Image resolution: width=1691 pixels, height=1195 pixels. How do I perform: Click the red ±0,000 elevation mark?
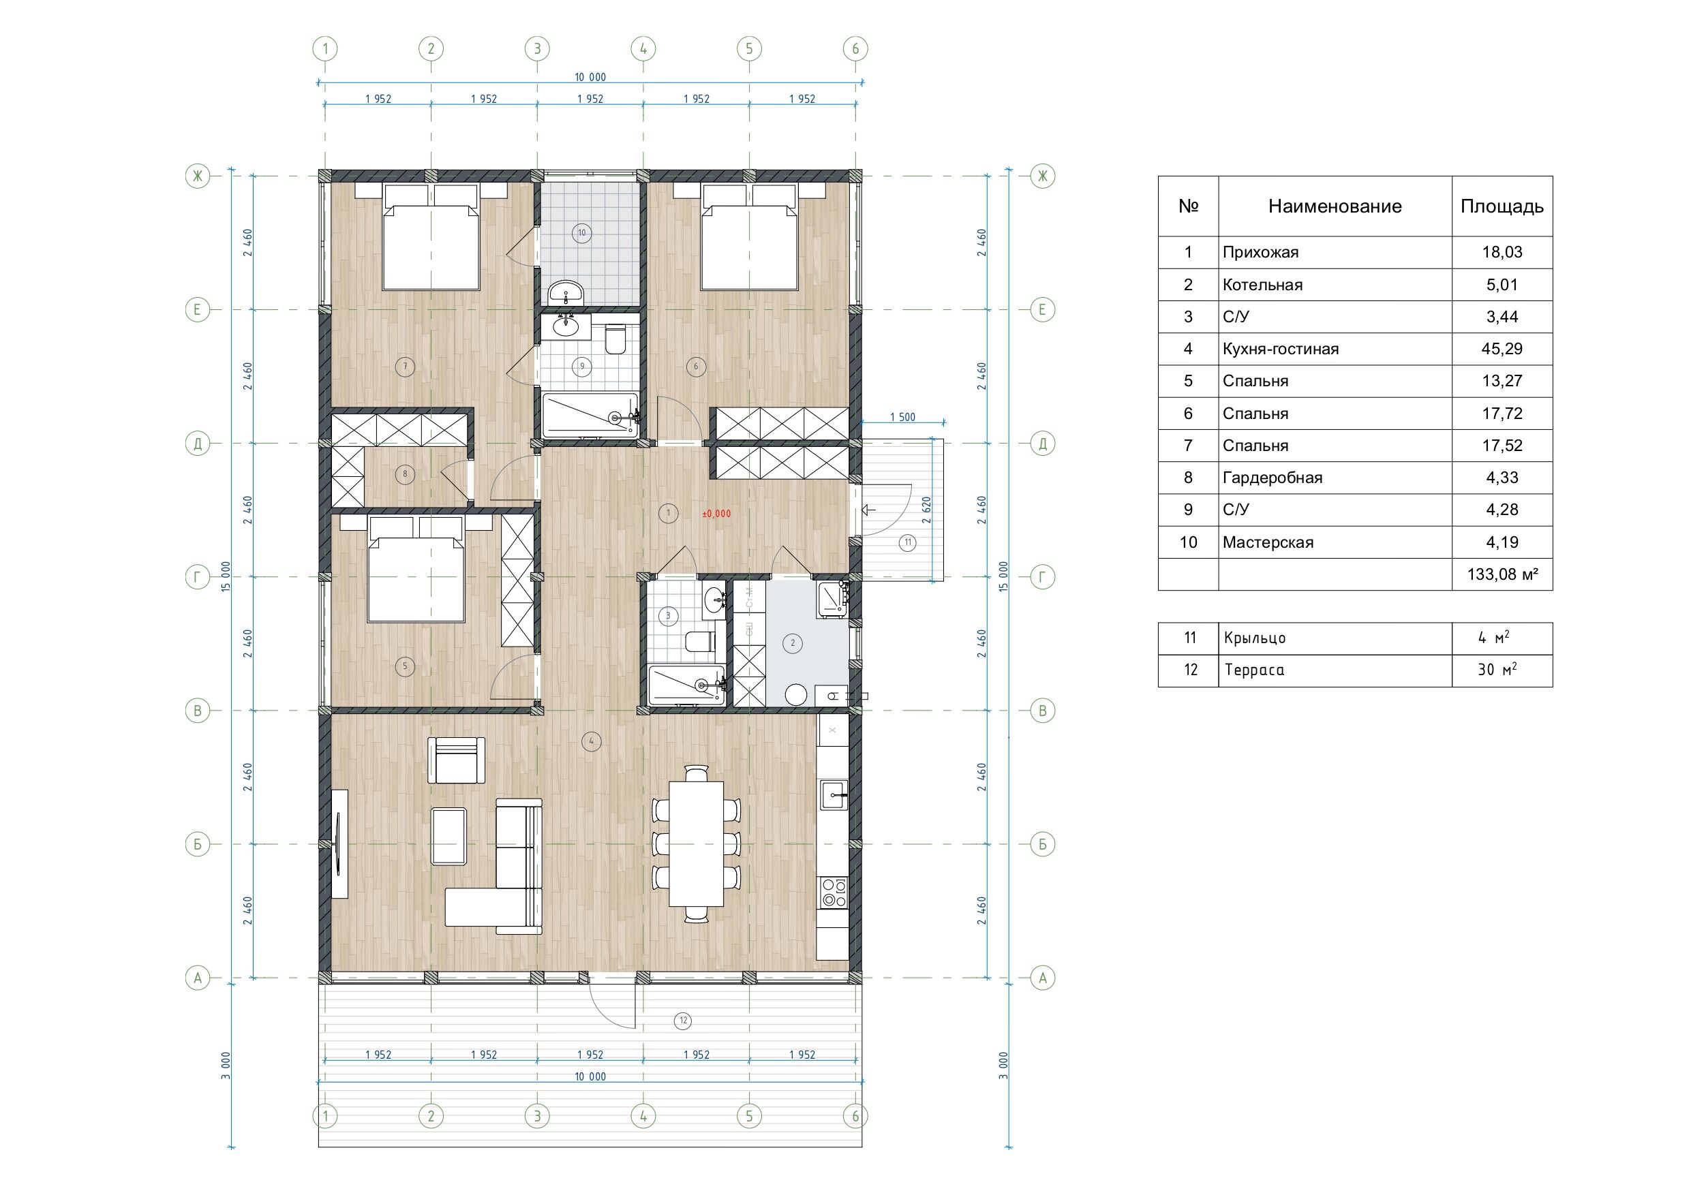[716, 514]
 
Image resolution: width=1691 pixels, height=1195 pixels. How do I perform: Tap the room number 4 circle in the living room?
[592, 741]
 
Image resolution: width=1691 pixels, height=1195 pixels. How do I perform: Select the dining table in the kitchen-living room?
[696, 843]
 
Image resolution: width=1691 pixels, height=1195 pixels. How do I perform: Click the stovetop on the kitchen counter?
[834, 893]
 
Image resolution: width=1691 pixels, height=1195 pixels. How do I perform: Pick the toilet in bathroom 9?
[615, 340]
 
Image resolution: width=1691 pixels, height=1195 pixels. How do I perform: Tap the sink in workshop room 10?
[566, 292]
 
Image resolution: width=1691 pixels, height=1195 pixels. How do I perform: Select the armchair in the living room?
[457, 760]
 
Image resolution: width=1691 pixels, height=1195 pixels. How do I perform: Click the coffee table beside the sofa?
[448, 836]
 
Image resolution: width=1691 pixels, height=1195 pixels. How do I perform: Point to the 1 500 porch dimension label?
[902, 418]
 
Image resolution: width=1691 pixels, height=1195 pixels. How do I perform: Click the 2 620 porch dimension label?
[926, 510]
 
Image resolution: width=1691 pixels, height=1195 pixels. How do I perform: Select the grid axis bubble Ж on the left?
[198, 176]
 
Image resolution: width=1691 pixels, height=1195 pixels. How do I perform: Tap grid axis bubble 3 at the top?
[537, 49]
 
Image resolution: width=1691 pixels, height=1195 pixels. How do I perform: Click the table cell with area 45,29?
[1502, 349]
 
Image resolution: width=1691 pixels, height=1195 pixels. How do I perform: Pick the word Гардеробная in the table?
[1272, 478]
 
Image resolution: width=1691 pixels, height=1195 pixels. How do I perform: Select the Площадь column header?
[1502, 206]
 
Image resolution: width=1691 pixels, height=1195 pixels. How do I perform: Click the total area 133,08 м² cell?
[1502, 574]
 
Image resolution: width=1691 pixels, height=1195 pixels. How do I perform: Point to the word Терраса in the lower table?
[1254, 670]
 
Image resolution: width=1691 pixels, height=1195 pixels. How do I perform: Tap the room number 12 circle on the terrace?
[684, 1021]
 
